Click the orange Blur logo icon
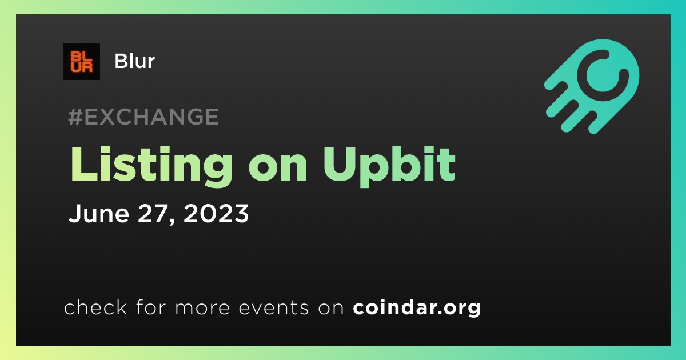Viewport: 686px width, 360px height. point(82,62)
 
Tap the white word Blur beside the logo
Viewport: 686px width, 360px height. point(134,61)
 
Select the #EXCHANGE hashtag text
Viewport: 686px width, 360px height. point(143,117)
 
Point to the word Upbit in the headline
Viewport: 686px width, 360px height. point(389,167)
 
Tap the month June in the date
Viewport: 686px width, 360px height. point(98,213)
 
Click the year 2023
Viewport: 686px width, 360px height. point(216,213)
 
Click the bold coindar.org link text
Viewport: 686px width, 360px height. point(417,307)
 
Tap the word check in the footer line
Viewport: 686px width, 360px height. point(95,307)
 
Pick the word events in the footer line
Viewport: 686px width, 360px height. point(273,307)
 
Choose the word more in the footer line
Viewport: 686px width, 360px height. point(202,308)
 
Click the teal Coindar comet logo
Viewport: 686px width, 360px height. point(592,86)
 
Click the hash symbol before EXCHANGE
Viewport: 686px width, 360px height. point(75,117)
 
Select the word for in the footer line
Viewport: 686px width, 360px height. point(151,307)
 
